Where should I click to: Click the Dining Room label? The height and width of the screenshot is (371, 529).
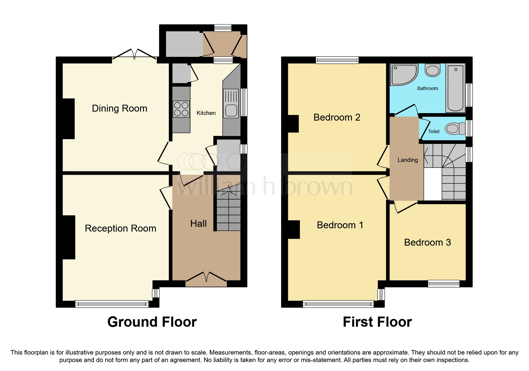119,108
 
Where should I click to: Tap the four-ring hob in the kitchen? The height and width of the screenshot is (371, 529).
181,109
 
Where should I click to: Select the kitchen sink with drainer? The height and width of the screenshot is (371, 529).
231,104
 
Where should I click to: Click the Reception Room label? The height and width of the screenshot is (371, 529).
120,228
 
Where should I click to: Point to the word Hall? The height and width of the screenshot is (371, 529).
198,223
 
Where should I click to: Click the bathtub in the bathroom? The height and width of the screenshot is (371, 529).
455,88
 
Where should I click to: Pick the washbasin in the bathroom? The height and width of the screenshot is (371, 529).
433,71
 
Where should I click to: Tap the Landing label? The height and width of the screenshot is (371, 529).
407,160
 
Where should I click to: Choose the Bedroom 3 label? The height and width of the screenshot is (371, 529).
427,242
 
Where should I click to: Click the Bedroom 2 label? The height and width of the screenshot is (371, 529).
337,117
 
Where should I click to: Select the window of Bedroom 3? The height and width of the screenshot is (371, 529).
443,283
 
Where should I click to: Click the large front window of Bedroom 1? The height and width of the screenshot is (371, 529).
338,304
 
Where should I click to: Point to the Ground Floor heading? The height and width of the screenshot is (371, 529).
152,322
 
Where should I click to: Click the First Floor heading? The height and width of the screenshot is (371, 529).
377,322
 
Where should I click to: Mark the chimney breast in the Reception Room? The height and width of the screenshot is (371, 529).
69,237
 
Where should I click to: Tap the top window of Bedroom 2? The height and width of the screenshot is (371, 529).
337,60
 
